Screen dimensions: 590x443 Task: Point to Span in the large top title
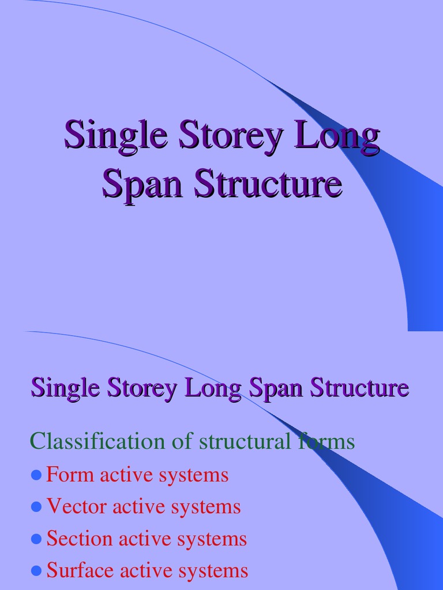(142, 184)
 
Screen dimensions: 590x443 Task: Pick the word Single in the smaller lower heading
(63, 388)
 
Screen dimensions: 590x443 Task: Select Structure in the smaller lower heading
(359, 387)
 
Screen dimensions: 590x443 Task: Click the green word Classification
(97, 442)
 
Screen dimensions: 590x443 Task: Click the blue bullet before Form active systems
(36, 475)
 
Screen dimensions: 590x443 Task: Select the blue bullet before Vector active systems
(36, 507)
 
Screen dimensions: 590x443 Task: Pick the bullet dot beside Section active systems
(36, 539)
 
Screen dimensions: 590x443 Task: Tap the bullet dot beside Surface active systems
(36, 571)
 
